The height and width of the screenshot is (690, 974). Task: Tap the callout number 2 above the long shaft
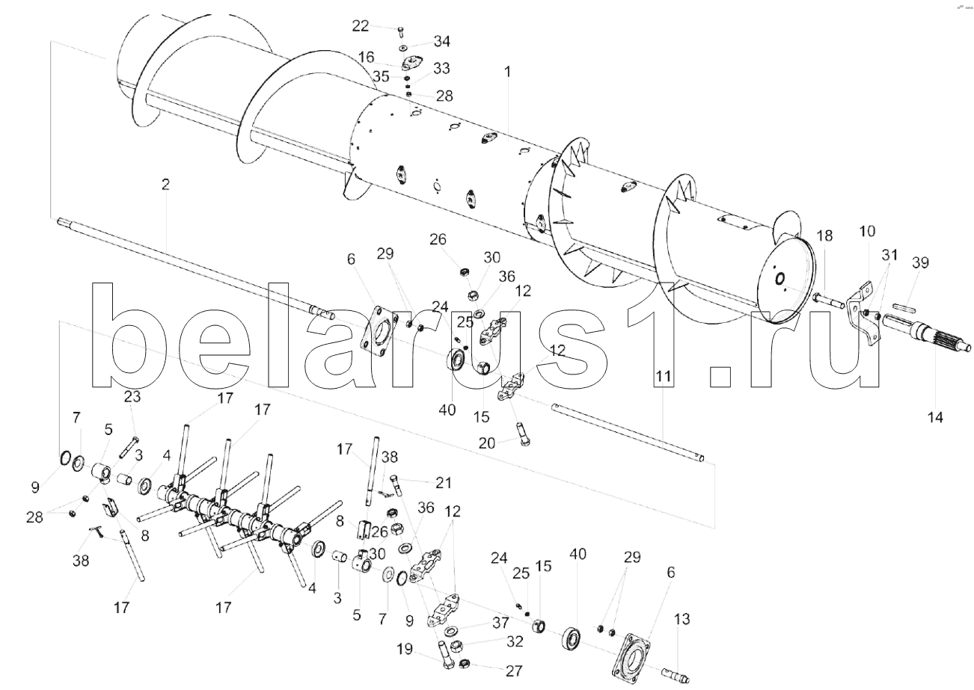point(165,184)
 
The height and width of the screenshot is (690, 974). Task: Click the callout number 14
point(935,416)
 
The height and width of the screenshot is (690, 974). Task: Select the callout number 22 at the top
point(361,26)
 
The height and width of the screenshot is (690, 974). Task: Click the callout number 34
point(442,40)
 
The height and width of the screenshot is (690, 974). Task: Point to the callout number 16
point(366,57)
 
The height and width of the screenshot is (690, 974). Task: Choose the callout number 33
point(442,69)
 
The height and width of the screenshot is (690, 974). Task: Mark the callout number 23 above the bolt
point(132,397)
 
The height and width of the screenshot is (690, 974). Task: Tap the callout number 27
point(514,671)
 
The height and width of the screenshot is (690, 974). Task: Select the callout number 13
point(682,619)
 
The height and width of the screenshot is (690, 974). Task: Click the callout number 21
point(423,483)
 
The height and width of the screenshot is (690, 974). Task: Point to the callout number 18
point(824,236)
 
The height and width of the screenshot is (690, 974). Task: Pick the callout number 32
point(514,641)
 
